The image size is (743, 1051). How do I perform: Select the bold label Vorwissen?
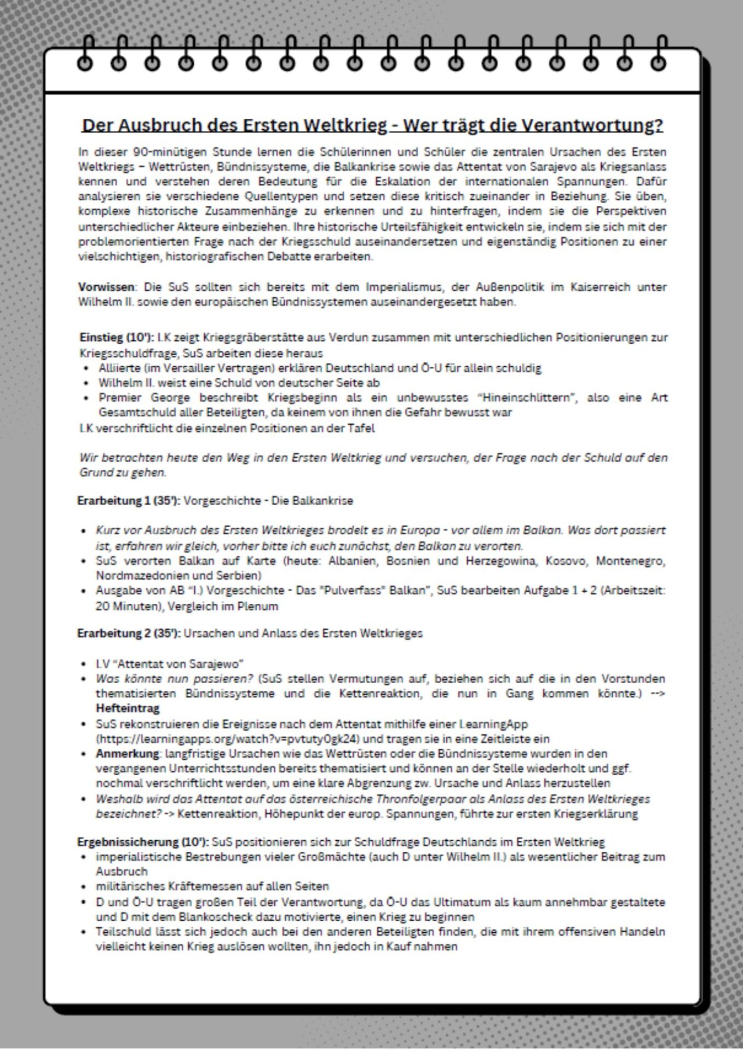(x=106, y=287)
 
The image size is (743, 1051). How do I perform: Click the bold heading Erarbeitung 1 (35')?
(x=129, y=500)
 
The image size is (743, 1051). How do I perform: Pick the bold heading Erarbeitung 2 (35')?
(x=129, y=633)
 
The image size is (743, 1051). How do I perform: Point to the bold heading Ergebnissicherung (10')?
(x=142, y=841)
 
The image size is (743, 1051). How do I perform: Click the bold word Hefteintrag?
(x=128, y=708)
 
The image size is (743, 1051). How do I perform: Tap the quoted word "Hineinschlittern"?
(x=527, y=398)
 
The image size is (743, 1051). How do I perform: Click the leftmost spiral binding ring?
(x=85, y=63)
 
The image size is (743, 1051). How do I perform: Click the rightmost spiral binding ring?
(x=658, y=63)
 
